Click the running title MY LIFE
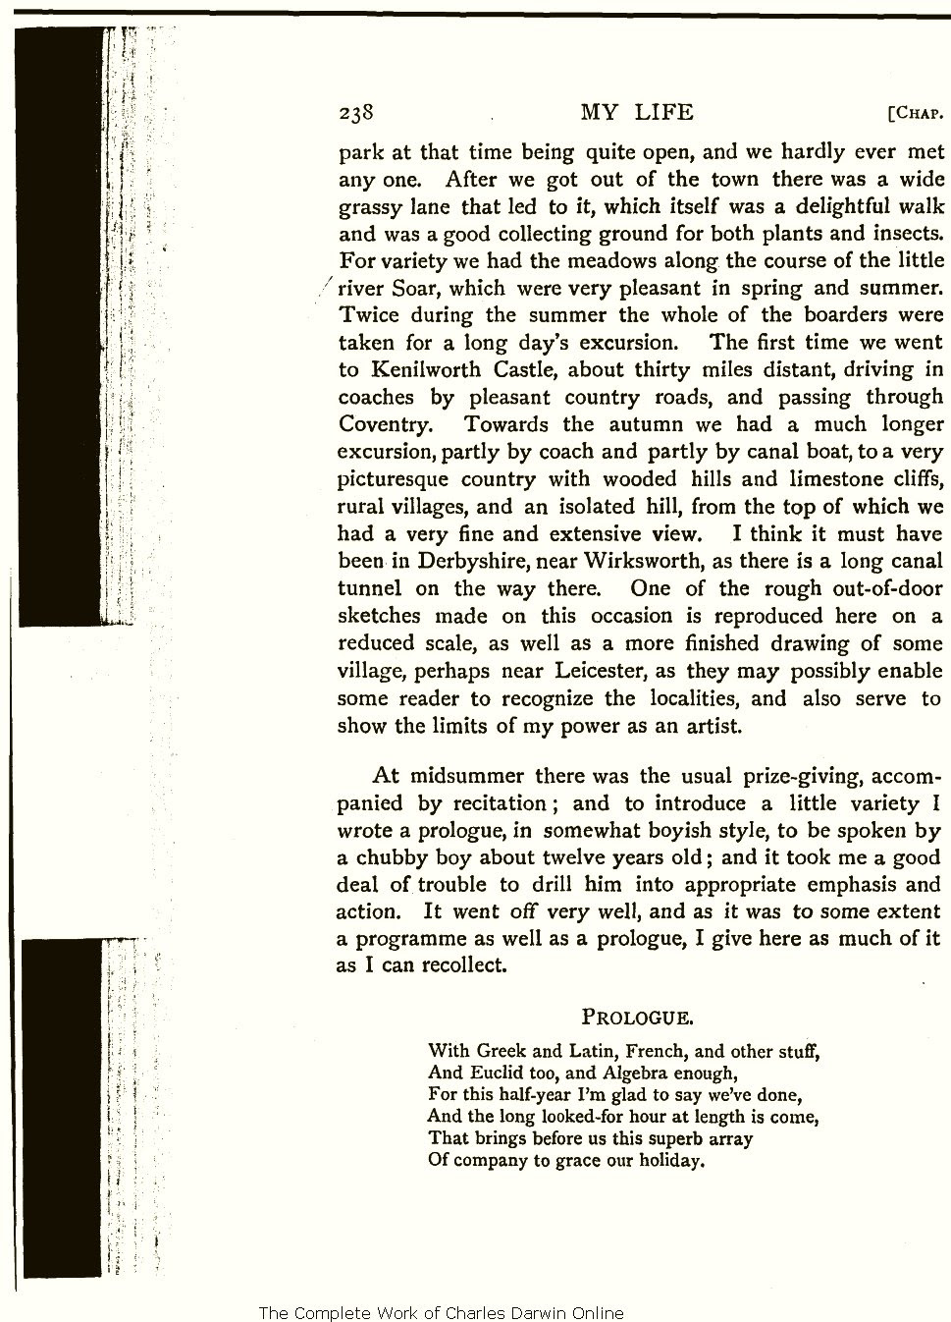(x=636, y=112)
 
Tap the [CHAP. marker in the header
(x=915, y=113)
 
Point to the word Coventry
(x=384, y=425)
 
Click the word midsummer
(x=463, y=775)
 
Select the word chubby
(x=387, y=856)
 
